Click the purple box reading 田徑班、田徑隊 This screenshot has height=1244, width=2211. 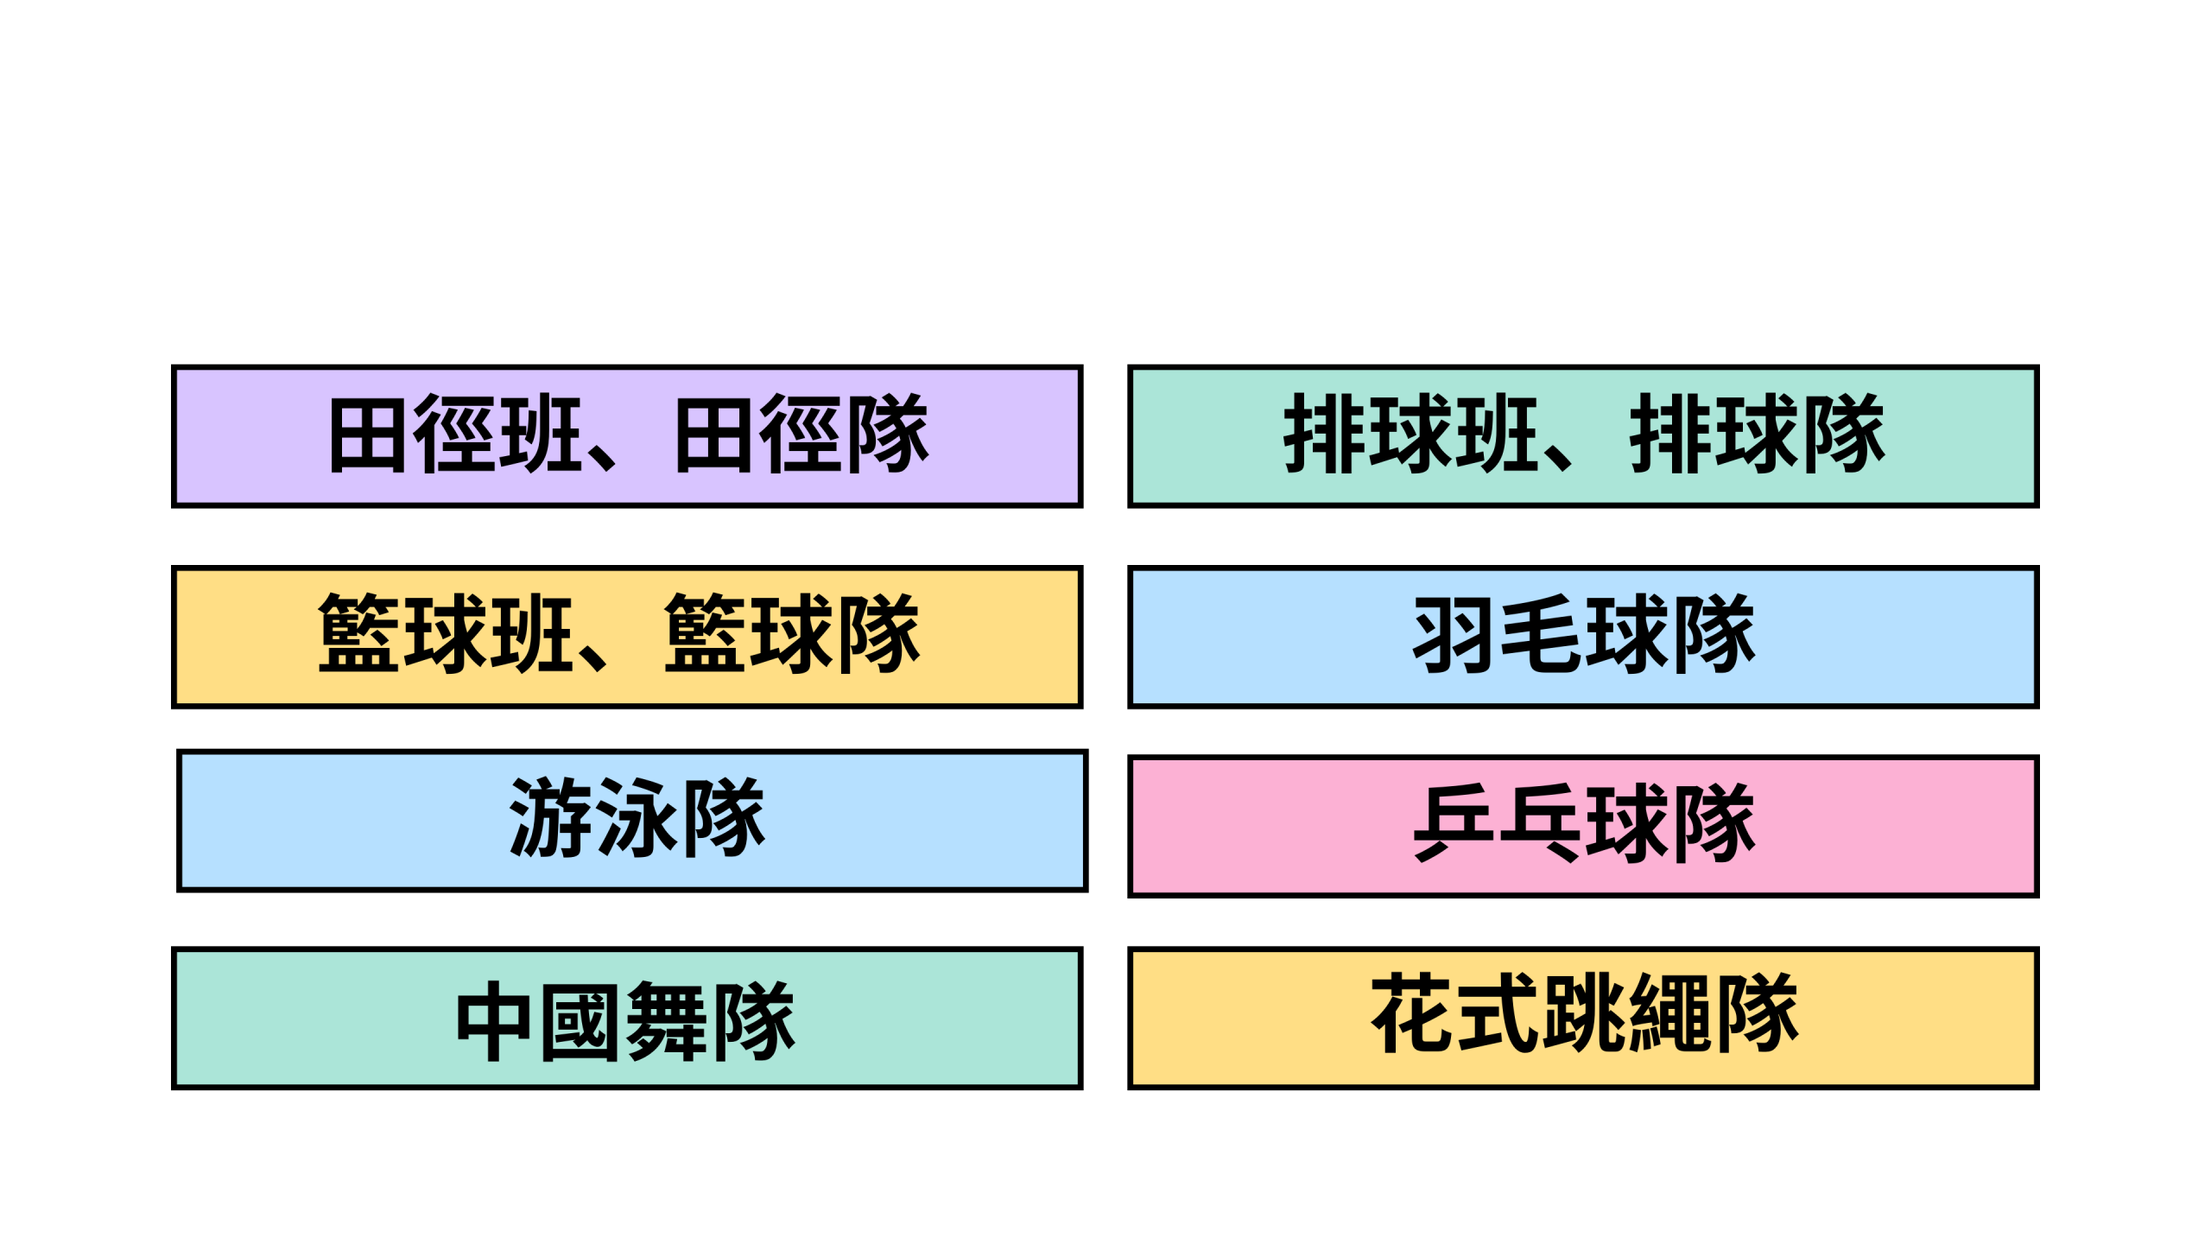pos(627,436)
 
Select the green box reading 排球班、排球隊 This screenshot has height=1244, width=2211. pos(1583,436)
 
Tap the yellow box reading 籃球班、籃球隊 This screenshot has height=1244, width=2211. pos(627,637)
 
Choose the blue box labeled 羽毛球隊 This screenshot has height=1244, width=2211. pos(1583,637)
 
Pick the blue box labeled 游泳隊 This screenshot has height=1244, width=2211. pos(632,821)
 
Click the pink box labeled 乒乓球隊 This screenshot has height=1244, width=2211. pos(1583,826)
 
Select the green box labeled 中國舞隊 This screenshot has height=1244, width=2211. pos(627,1018)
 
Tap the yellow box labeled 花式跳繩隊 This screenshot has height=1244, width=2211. pos(1583,1018)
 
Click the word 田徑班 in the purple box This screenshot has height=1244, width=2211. pos(455,435)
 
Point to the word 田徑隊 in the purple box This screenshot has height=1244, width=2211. pos(801,435)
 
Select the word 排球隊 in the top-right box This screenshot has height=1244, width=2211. pos(1758,435)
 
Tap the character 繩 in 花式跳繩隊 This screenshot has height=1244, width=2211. pos(1669,1013)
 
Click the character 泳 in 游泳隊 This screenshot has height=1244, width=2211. pos(638,817)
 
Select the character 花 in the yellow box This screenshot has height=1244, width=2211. pos(1413,1013)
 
